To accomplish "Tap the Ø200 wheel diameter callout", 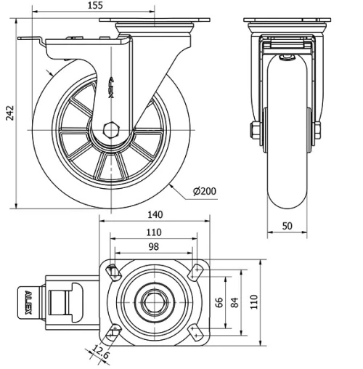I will pos(205,192).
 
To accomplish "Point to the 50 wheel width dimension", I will pos(287,226).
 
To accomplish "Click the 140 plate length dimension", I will pos(153,215).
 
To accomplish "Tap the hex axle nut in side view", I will pos(111,131).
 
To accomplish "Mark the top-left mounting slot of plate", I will pos(113,272).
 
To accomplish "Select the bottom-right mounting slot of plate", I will pos(195,331).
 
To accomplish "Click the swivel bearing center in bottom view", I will pos(153,301).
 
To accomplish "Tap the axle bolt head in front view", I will pos(255,131).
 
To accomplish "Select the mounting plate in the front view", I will pos(287,20).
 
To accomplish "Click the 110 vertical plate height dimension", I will pos(253,301).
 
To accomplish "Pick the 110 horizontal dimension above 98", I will pos(153,232).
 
